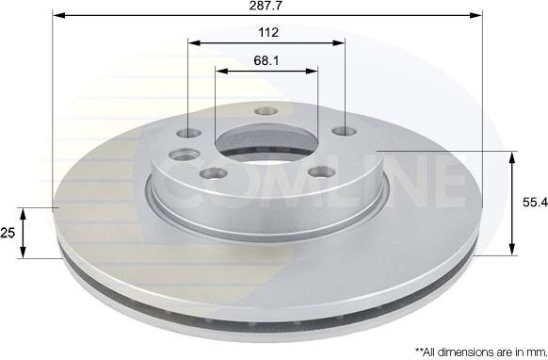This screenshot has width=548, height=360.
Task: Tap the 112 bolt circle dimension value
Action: coord(267,33)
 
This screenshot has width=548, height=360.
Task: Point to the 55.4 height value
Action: coord(531,202)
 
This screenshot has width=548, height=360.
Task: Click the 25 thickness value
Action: coord(9,232)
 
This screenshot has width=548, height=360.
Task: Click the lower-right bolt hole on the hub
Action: coord(318,172)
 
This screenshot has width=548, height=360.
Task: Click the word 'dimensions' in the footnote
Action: coord(459,349)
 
